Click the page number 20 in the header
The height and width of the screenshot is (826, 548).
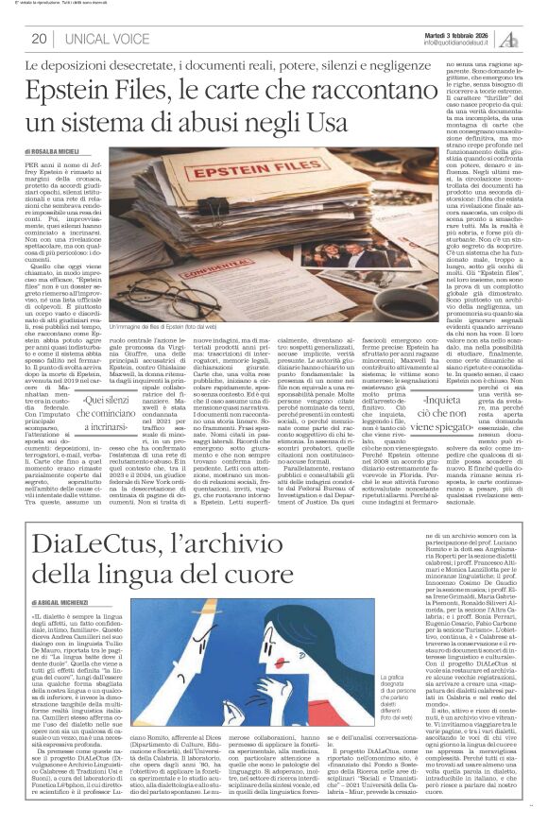coord(40,38)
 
